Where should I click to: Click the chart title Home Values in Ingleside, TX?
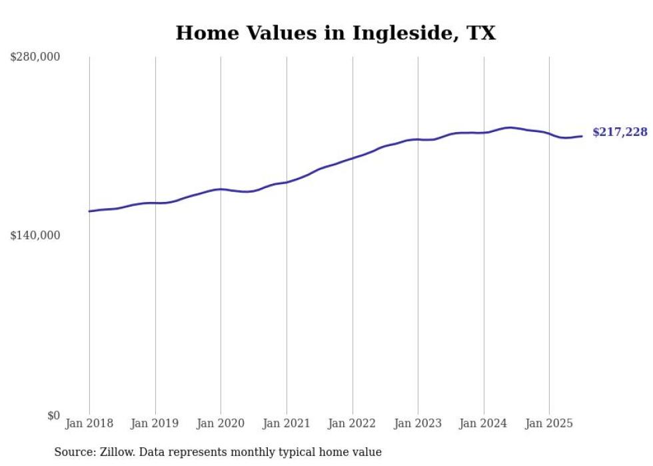pos(335,33)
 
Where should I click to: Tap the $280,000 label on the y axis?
pos(35,57)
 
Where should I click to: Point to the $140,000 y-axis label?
pos(35,235)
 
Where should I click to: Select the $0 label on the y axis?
pos(53,415)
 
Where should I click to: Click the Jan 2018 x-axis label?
pos(89,423)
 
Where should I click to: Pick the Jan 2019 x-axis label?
pos(155,423)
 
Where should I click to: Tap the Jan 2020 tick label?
pos(221,423)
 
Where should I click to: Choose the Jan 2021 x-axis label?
pos(287,423)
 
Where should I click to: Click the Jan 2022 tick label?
pos(352,423)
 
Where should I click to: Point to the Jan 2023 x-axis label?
pos(418,423)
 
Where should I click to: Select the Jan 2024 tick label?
pos(484,423)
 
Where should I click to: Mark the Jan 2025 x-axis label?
pos(549,423)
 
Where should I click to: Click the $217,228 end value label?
pos(620,133)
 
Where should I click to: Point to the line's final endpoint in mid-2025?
pos(582,136)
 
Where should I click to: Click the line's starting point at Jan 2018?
pos(89,211)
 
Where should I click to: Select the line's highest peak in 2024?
pos(509,127)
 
